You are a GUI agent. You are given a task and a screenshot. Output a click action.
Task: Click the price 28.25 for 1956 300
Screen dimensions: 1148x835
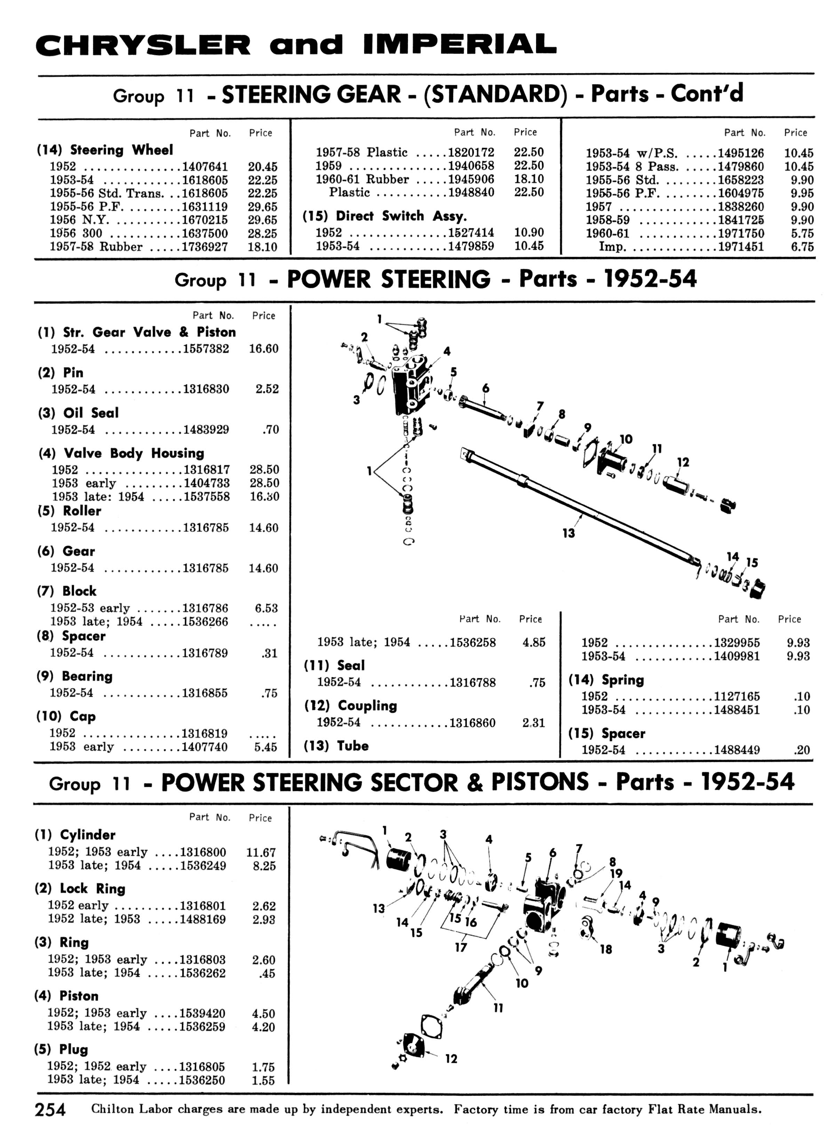[262, 233]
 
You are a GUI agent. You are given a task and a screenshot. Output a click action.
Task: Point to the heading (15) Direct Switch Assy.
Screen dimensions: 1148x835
[384, 216]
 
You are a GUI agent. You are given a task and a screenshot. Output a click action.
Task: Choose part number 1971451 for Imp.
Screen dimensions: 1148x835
[741, 247]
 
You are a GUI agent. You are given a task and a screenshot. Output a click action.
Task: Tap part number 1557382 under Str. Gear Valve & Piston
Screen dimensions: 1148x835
[206, 349]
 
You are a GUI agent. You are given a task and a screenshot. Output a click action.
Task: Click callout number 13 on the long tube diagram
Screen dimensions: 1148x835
[568, 533]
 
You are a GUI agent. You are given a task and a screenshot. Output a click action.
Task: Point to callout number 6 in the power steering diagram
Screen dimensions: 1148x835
[486, 388]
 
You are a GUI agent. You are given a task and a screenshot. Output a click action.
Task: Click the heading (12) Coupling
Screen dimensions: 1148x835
[350, 705]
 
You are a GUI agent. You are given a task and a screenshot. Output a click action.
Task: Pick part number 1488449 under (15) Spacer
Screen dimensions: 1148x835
[737, 750]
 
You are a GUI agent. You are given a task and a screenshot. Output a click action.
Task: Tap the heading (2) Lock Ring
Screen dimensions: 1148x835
[80, 888]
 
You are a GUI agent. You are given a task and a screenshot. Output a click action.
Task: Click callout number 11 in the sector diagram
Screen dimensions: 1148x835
[498, 1008]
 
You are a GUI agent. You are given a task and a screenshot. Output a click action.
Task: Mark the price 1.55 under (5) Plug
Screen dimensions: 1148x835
[263, 1080]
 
